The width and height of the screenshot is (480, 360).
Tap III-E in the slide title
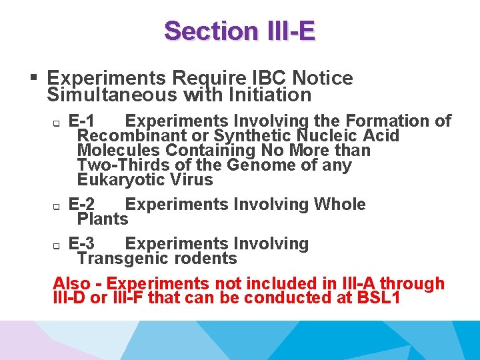(285, 31)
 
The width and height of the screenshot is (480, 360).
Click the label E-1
(81, 121)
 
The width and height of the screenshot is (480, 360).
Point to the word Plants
(103, 219)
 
